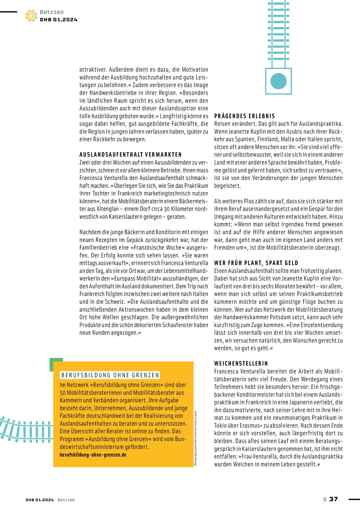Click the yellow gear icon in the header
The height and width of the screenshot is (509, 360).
click(x=31, y=16)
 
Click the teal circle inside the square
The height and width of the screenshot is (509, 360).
click(x=279, y=81)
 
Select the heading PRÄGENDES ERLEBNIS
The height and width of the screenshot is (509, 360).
click(x=245, y=116)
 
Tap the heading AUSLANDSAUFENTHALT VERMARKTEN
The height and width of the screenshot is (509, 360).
click(x=131, y=155)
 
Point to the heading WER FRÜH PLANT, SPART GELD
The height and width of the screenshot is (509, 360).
click(x=256, y=263)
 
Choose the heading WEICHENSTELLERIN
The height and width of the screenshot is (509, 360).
click(x=241, y=363)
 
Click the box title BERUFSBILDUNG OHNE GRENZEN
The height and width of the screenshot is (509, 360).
click(x=110, y=375)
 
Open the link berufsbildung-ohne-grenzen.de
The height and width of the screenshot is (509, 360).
click(x=93, y=455)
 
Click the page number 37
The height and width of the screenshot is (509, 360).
click(x=333, y=499)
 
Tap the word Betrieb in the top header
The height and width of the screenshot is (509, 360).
click(x=52, y=12)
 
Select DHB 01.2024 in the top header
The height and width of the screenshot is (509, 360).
click(x=59, y=20)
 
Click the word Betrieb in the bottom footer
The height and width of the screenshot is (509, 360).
click(x=66, y=500)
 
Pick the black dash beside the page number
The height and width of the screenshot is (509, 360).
click(x=354, y=499)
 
